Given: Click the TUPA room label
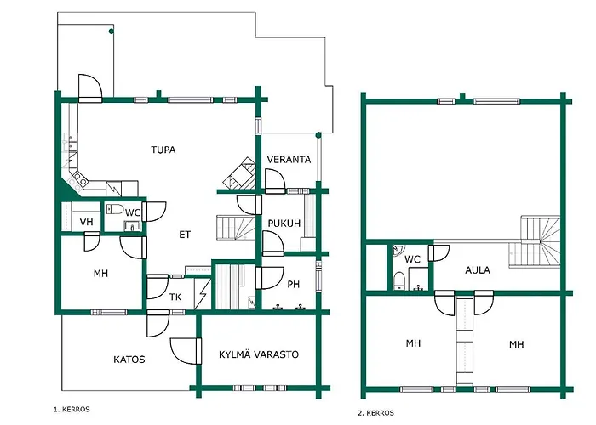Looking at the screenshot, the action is [163, 150].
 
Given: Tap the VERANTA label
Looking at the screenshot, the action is [289, 160].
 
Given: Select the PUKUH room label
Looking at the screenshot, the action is [284, 223].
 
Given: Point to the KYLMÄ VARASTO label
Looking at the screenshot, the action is [259, 354].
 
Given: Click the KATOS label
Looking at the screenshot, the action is [129, 360].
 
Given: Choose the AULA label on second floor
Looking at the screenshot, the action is [478, 270].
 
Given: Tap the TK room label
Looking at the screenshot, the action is [175, 297].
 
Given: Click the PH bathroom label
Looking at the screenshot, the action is [294, 284].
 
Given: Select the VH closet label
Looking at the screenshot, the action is [87, 222].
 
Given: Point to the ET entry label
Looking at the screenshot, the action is [185, 235].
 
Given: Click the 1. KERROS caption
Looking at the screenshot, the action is [72, 410].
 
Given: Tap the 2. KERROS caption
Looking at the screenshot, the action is [375, 413].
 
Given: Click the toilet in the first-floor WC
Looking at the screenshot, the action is [115, 209].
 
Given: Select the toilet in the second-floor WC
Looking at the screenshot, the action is [399, 280].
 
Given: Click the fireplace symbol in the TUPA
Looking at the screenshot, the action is [239, 173].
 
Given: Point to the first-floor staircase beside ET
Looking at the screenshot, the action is [236, 228].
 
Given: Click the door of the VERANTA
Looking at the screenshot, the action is [275, 181].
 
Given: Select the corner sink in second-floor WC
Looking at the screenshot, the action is [398, 250].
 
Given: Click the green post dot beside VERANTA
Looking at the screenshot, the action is [318, 135].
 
